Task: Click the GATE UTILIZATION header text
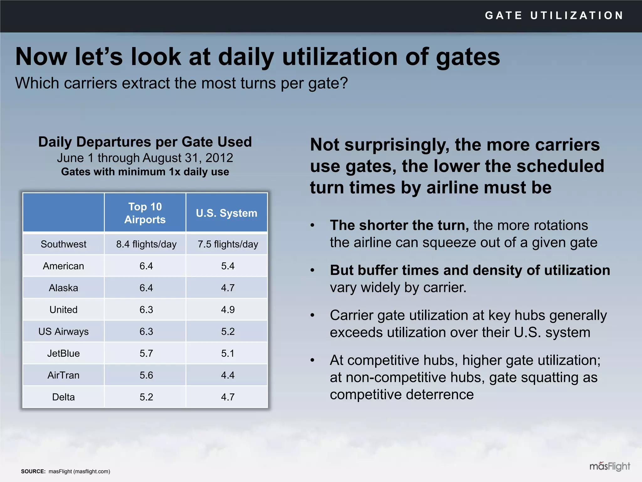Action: point(554,15)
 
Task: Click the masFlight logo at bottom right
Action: point(609,466)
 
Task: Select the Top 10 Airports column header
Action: point(145,213)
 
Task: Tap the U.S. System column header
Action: point(226,213)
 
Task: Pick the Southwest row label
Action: point(63,244)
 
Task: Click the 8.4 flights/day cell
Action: point(146,244)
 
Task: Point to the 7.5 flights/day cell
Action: point(228,244)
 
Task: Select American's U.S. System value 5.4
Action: point(228,266)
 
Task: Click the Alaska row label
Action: point(63,288)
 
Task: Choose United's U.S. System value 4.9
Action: point(228,310)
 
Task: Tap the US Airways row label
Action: point(63,331)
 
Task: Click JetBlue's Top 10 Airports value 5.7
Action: point(146,353)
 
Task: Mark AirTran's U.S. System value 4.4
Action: point(228,375)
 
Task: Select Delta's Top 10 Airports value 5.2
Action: point(146,397)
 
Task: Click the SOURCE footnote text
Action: point(66,471)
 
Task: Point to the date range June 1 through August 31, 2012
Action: point(145,158)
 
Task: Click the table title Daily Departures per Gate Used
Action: point(145,142)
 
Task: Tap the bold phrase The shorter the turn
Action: point(399,225)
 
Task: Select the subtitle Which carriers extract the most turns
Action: point(181,83)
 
